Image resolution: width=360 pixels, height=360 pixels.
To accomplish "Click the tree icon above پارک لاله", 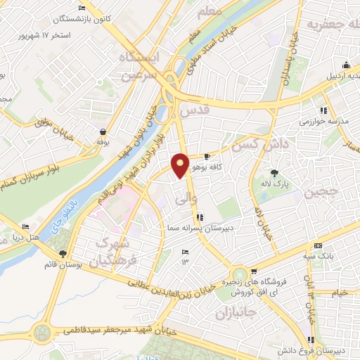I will [x=274, y=172].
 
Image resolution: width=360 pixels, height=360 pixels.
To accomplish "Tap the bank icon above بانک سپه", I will [x=318, y=245].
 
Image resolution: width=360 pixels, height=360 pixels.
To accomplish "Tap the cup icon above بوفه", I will [x=103, y=131].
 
